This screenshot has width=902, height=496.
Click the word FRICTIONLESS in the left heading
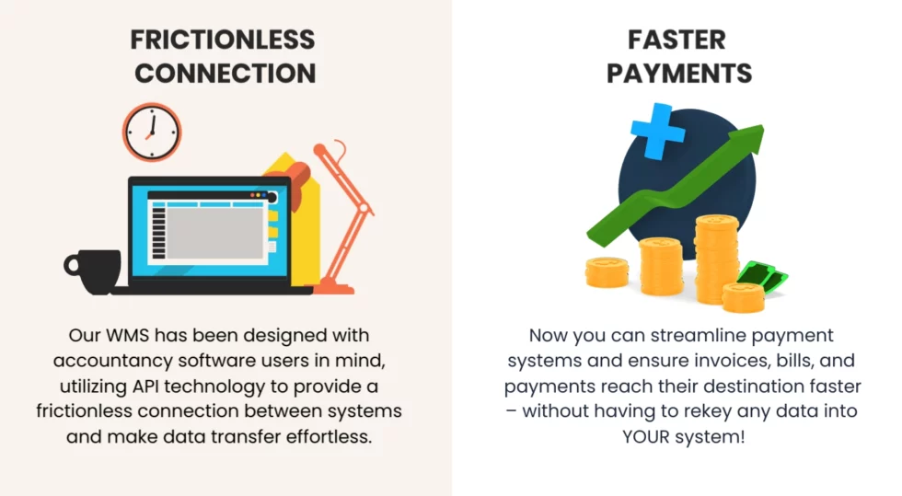223,40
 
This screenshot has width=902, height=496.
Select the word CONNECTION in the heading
225,74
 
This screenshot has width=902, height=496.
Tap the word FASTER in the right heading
676,40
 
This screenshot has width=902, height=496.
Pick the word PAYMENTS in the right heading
679,74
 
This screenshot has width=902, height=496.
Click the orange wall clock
152,133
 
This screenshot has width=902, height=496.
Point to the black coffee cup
93,271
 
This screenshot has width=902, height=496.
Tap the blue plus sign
657,132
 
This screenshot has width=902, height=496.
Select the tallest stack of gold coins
717,258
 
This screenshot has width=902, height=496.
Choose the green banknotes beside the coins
763,276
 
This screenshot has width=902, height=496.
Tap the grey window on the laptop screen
215,233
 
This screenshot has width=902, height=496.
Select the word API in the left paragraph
145,386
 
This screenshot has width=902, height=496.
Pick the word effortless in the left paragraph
330,437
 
